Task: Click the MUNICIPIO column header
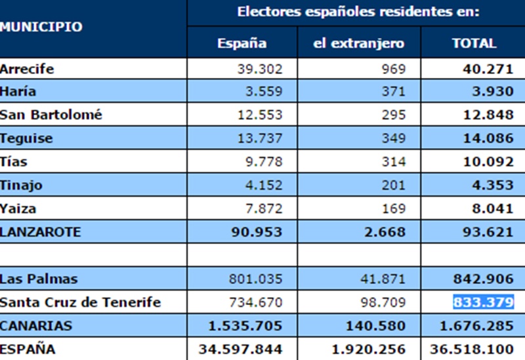41,27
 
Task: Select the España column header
242,44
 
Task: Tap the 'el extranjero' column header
359,44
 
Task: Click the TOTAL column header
474,44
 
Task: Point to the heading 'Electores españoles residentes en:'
358,11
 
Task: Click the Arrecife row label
27,69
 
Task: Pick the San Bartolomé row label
51,115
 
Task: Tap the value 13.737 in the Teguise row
260,138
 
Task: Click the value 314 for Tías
394,162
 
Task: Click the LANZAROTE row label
41,232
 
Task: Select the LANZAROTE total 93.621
486,232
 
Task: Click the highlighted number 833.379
483,302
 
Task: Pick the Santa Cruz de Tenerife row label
80,302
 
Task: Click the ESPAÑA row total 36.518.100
472,350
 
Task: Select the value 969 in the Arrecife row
394,69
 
